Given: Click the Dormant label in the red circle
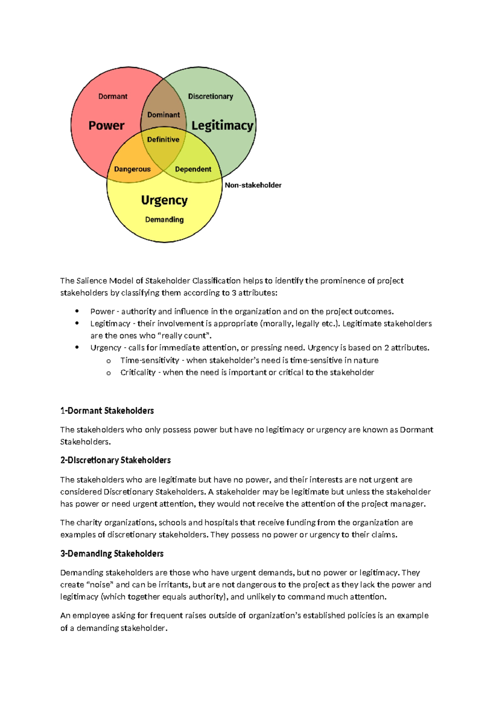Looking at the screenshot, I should pos(113,96).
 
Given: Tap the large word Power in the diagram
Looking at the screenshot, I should pos(106,126).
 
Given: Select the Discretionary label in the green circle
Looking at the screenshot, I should pos(210,96).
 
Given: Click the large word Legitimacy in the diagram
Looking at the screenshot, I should pos(222,126).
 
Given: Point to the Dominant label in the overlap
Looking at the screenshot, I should pos(163,115).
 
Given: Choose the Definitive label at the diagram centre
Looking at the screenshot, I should pos(163,140).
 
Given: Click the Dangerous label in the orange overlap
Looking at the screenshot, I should pos(132,169).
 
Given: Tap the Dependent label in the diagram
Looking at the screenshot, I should pos(193,169).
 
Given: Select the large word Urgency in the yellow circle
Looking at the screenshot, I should pos(164,200).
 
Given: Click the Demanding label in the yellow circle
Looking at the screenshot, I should pos(164,219).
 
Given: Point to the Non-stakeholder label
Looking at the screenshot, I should pos(253,185).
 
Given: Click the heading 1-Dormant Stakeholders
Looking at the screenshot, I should pos(107,411).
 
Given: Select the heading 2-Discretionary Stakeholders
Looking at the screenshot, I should pos(115,460).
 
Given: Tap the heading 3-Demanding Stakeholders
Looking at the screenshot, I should pos(112,554).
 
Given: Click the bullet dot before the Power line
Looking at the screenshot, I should pos(77,311).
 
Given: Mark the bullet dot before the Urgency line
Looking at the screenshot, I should pos(77,347).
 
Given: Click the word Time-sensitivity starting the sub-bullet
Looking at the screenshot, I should pos(150,360).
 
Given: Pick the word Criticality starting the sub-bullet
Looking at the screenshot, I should pos(138,372).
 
